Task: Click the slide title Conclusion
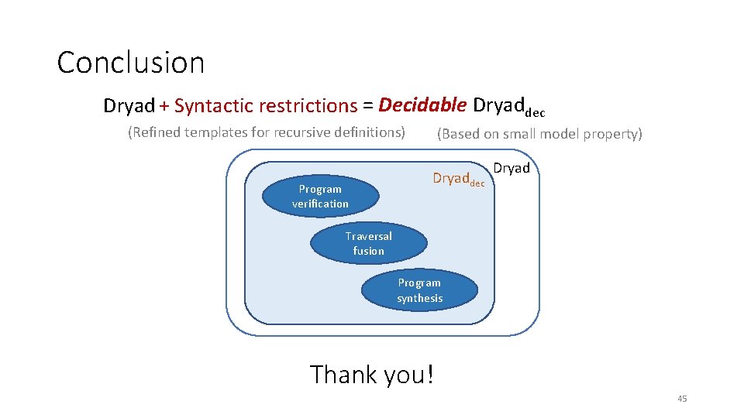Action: coord(130,63)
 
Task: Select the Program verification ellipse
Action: coord(320,197)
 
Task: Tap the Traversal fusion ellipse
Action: coord(368,244)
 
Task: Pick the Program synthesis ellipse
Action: coord(419,290)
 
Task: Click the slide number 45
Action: coord(682,399)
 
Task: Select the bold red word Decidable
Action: coord(422,105)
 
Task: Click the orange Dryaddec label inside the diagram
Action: coord(457,179)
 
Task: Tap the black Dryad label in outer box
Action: coord(511,168)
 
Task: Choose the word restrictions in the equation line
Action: coord(308,105)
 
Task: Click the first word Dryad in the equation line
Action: coord(129,106)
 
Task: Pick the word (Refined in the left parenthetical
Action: coord(155,132)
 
